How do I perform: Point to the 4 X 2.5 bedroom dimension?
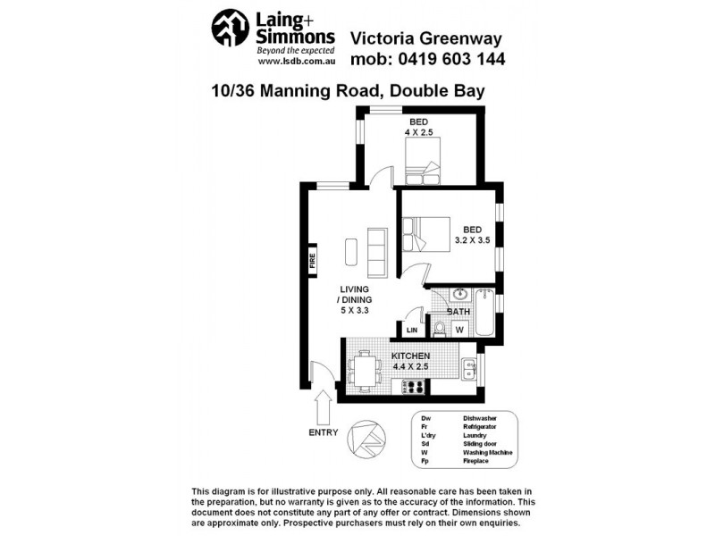(x=418, y=133)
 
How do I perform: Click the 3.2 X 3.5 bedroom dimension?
(x=471, y=241)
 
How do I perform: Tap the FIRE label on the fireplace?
(x=313, y=261)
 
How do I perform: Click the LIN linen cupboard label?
(x=412, y=330)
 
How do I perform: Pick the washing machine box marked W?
(x=459, y=328)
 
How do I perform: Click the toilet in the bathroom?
(x=439, y=327)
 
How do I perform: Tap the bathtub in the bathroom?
(x=484, y=312)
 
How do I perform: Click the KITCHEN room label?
(x=411, y=356)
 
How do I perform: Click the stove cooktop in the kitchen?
(x=414, y=386)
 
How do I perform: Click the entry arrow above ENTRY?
(x=324, y=410)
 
